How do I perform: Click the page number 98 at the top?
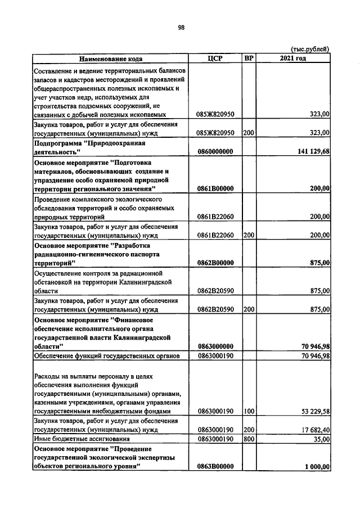pos(181,26)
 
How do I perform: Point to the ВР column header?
pos(249,58)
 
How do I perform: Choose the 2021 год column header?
pos(293,58)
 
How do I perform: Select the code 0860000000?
pos(215,152)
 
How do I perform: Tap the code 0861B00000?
pos(215,188)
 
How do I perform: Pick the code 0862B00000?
pos(215,263)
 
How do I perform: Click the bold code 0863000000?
pos(215,346)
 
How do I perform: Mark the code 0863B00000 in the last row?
pos(215,466)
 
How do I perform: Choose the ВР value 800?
pos(249,439)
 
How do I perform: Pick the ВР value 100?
pos(249,411)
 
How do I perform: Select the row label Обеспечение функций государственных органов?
pos(106,356)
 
